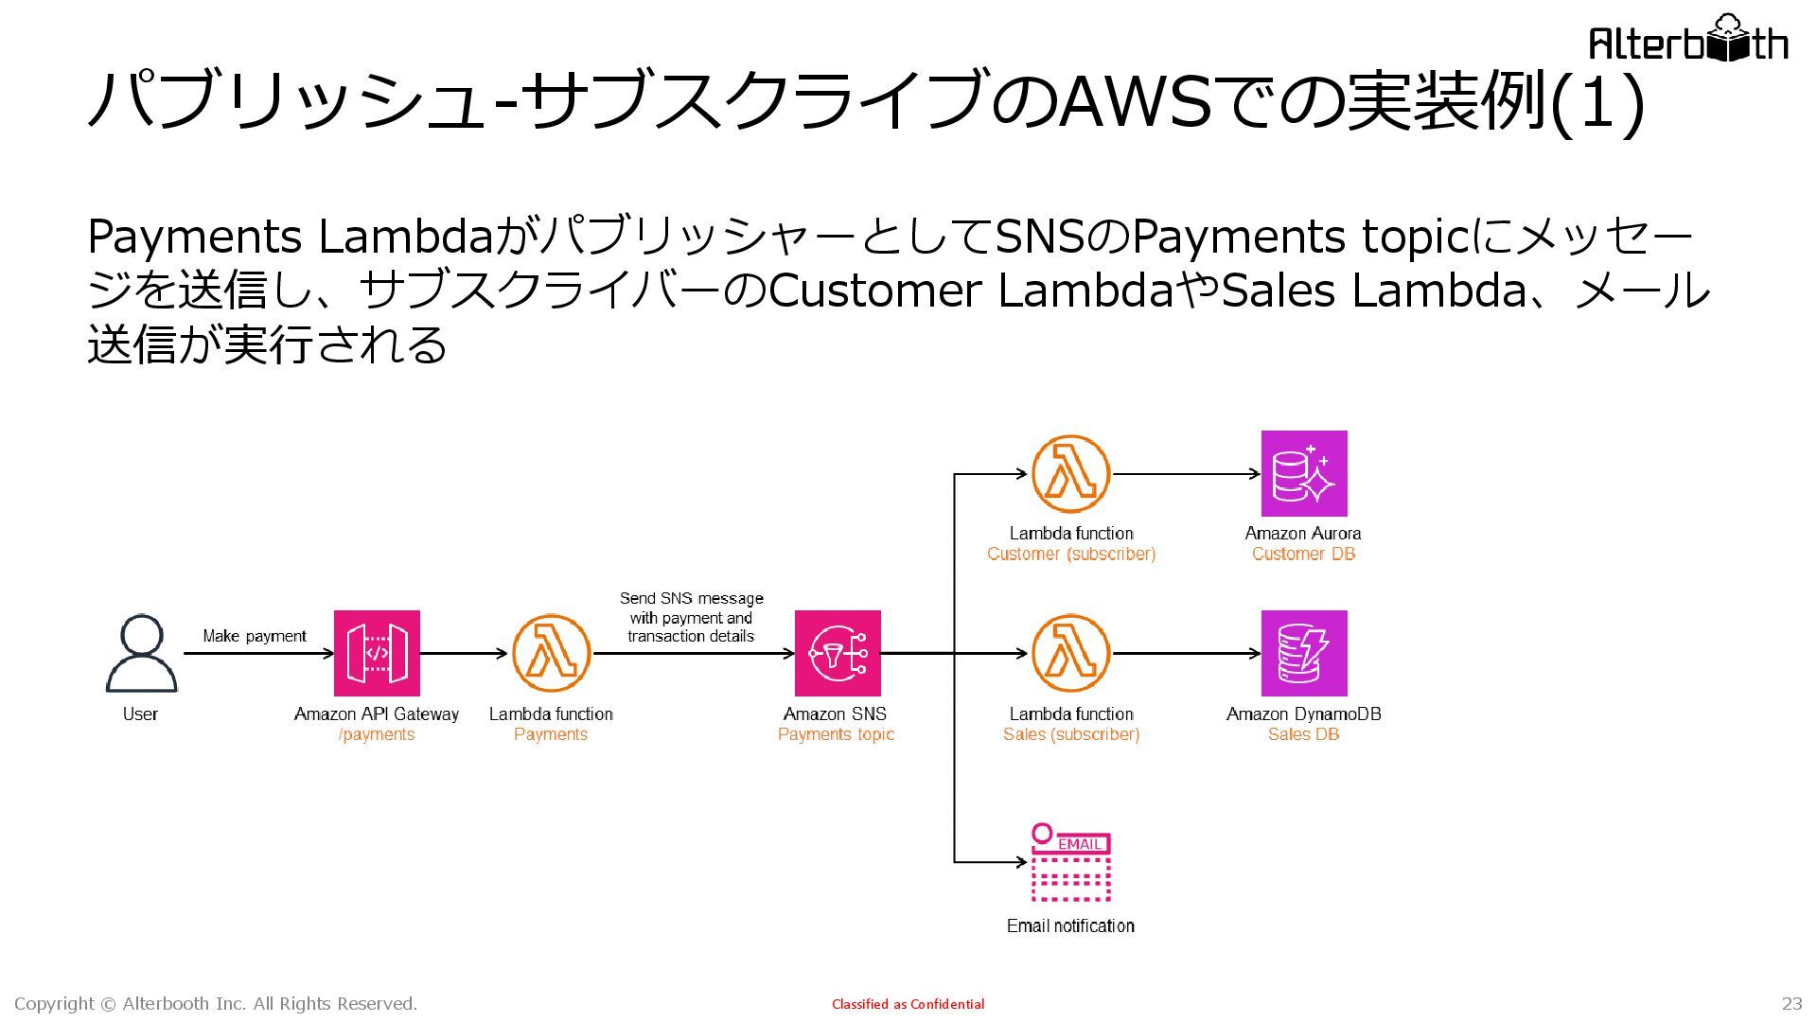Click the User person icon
coord(141,653)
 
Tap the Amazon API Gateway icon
coord(377,653)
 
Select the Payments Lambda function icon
coord(551,653)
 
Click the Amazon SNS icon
coord(838,653)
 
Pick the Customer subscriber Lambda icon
coord(1070,474)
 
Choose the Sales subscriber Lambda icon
coord(1070,653)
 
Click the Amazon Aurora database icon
coord(1303,474)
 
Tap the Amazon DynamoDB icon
coord(1303,653)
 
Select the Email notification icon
coord(1070,863)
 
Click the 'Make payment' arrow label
coord(255,636)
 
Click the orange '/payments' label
coord(377,734)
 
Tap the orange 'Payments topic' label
coord(836,734)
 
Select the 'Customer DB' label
coord(1303,554)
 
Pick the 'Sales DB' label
coord(1303,734)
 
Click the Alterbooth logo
coord(1687,40)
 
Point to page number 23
coord(1791,1003)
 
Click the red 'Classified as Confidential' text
coord(908,1004)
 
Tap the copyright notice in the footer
coord(216,1003)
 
